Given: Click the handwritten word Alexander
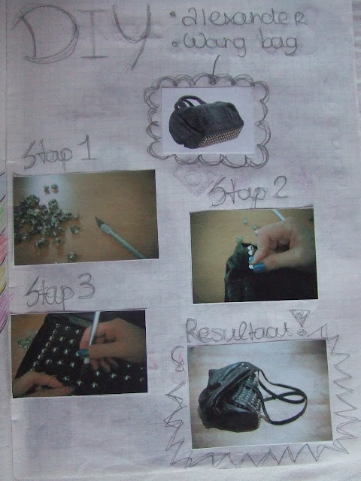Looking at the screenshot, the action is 244,17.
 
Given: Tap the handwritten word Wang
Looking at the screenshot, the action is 214,44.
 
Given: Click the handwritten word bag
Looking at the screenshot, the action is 279,44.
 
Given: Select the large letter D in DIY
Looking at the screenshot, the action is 45,35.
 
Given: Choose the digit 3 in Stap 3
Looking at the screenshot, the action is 86,286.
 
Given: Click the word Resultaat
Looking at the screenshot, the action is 238,331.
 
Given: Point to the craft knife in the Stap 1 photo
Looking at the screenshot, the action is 120,238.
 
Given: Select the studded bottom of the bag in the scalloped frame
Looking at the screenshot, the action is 220,138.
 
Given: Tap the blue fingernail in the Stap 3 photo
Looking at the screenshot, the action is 82,353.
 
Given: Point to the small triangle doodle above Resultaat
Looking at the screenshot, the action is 299,317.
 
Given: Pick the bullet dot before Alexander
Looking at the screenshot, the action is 173,14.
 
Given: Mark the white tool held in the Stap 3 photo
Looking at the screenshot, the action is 93,328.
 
